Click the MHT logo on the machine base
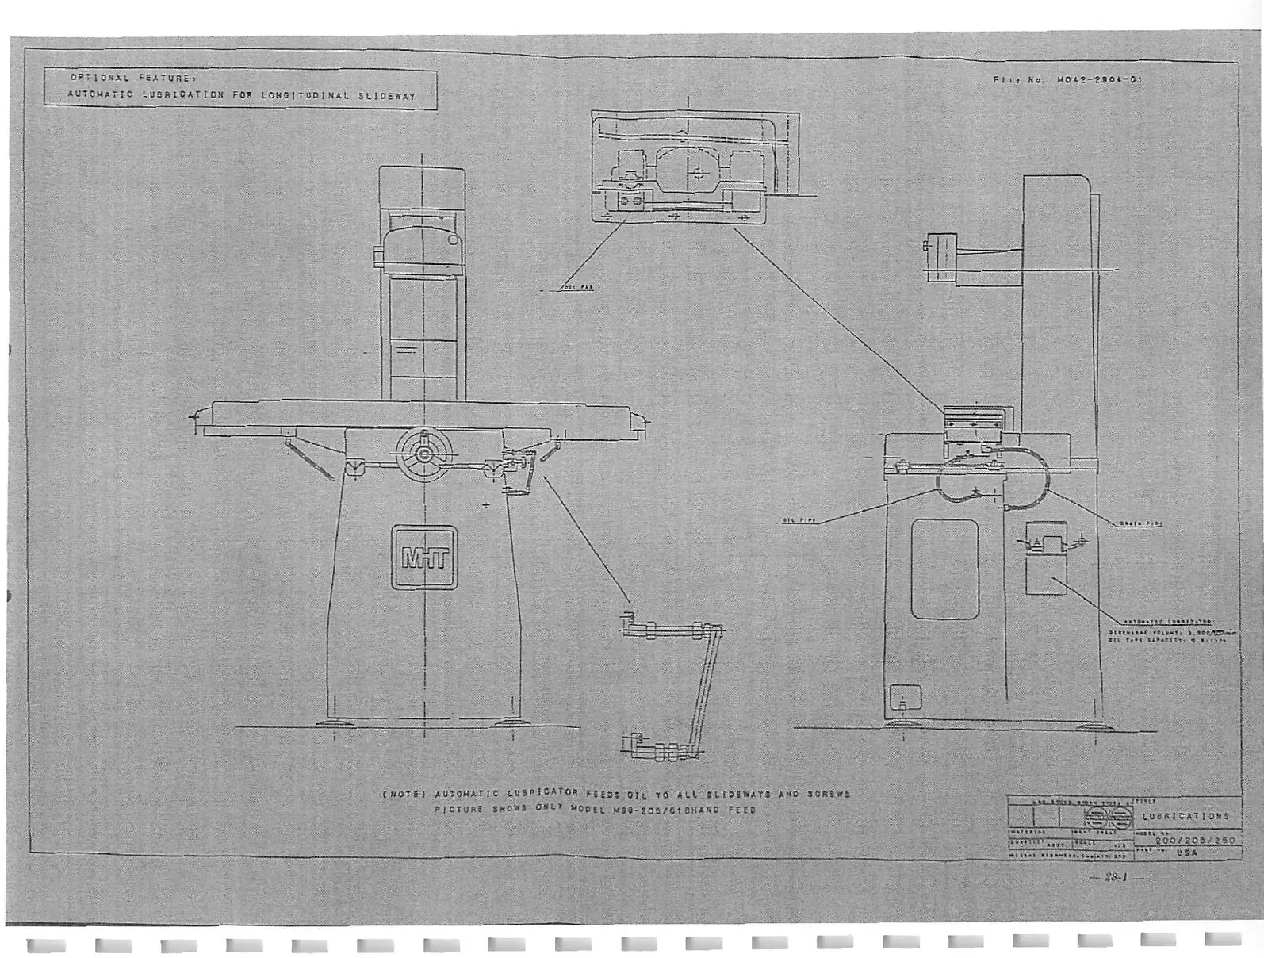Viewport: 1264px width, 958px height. [x=424, y=558]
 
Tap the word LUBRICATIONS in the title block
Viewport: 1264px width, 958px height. [x=1185, y=816]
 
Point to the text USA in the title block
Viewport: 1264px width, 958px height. [x=1187, y=853]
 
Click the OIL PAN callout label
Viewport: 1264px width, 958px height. [x=576, y=287]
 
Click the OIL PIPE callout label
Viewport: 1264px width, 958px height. [x=799, y=520]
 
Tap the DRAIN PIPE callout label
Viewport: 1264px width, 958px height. [x=1141, y=523]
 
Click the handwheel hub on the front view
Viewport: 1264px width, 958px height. [x=425, y=454]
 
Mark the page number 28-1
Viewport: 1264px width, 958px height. [x=1117, y=878]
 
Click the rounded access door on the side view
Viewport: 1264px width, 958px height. [x=944, y=569]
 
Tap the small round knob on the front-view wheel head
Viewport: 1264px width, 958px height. [x=453, y=239]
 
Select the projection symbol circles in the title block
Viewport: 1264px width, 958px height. [x=1108, y=818]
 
